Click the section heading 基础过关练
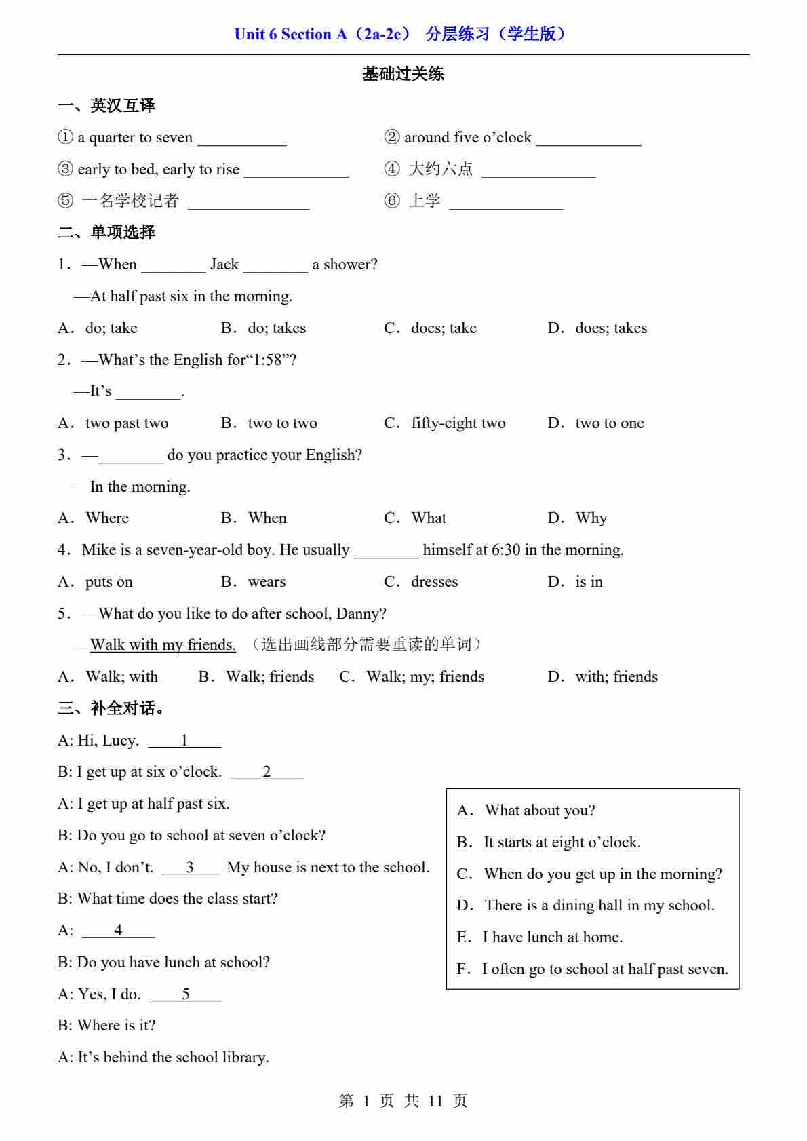[403, 74]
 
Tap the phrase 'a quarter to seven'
[135, 138]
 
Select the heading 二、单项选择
[106, 233]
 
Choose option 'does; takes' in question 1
[610, 328]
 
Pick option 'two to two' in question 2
[282, 423]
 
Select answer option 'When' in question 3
[267, 518]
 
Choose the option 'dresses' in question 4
[434, 582]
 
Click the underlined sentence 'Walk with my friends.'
[163, 645]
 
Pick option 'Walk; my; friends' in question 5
[425, 677]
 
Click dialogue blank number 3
[190, 868]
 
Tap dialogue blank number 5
[185, 994]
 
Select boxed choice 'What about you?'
[540, 811]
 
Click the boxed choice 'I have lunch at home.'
[552, 937]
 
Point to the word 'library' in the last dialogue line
[245, 1058]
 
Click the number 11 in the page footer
[435, 1101]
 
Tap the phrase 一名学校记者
[130, 201]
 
